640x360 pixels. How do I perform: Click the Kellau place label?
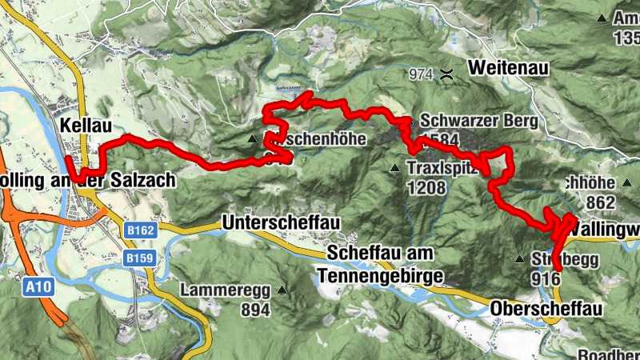pos(84,125)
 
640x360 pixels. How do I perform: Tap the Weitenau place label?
pos(508,68)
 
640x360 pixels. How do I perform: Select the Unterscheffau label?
pos(277,221)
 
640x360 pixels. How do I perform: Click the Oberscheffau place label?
pos(543,309)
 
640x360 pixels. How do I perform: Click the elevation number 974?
pos(419,74)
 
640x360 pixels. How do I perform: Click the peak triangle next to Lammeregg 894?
pos(282,290)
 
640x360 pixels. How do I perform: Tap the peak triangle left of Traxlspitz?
pos(394,169)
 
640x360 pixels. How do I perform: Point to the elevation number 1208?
pos(423,189)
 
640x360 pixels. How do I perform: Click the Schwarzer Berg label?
pos(478,120)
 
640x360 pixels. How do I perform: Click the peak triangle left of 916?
pos(519,259)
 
